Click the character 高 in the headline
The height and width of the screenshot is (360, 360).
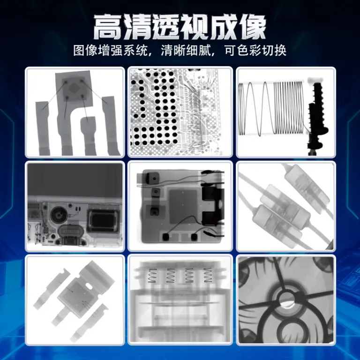(107, 27)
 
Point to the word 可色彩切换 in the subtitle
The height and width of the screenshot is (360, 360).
(255, 50)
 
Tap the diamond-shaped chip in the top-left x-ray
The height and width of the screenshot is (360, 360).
(75, 89)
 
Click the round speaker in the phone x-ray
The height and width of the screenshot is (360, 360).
(60, 215)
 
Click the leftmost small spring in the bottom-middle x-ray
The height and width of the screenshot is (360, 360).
(152, 275)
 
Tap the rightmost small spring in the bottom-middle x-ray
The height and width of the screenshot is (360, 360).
(208, 275)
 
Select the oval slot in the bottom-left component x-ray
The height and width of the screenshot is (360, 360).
(89, 287)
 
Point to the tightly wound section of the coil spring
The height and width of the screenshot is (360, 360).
(288, 107)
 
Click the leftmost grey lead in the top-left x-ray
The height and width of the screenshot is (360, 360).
(43, 128)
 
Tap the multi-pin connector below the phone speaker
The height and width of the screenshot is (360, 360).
(70, 234)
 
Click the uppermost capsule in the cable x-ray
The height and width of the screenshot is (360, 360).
(306, 186)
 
